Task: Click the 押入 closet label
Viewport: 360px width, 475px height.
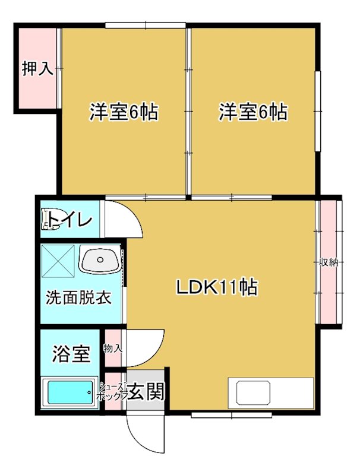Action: tap(37, 69)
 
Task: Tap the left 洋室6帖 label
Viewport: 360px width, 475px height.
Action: tap(124, 112)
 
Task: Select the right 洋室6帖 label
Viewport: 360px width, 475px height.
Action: tap(253, 112)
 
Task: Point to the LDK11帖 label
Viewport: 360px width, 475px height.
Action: tap(216, 288)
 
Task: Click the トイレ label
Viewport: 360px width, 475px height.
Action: tap(71, 221)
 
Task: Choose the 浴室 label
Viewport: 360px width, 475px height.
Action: tap(71, 354)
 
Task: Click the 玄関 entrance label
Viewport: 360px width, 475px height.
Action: tap(146, 391)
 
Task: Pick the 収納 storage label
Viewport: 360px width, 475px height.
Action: tap(330, 262)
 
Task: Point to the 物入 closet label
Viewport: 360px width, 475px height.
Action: tap(113, 348)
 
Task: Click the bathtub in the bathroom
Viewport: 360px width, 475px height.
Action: tap(70, 392)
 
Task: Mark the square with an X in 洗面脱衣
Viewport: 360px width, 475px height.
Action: tap(58, 261)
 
